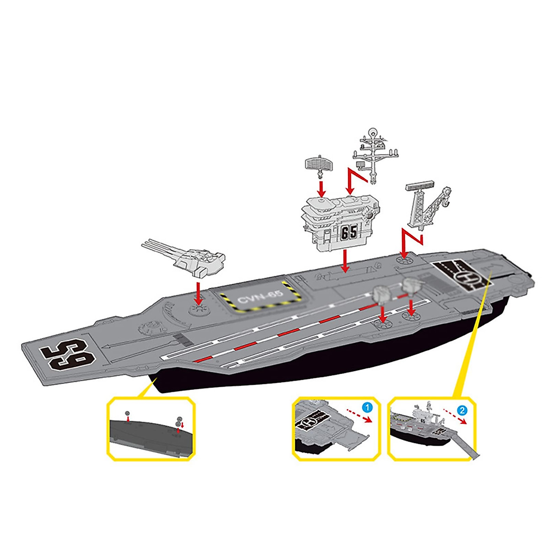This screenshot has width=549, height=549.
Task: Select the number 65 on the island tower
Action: coord(349,232)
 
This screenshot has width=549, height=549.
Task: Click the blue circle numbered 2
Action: coord(463,410)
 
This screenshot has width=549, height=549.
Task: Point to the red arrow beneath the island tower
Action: coord(345,262)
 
